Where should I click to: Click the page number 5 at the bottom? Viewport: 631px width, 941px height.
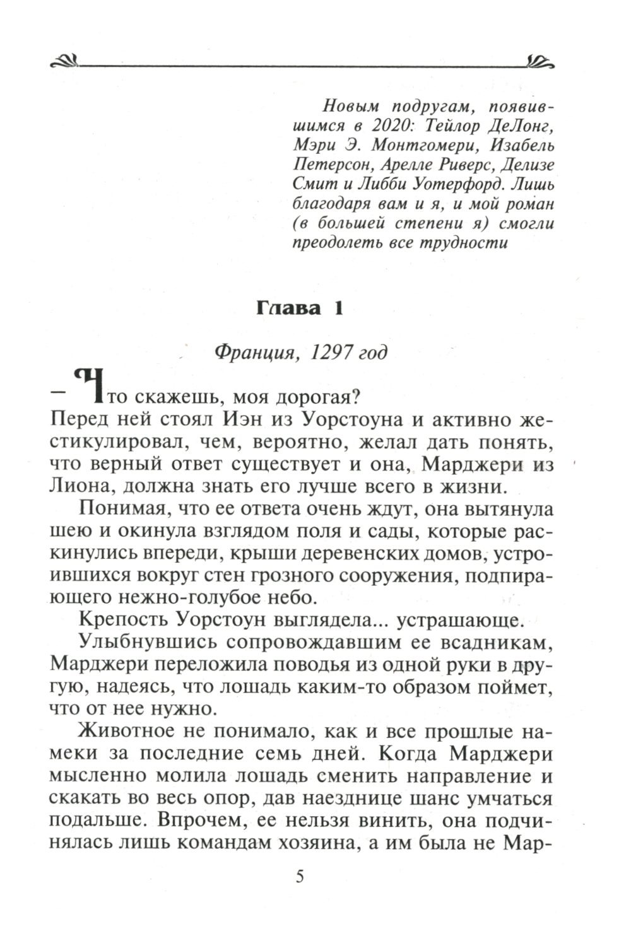300,877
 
